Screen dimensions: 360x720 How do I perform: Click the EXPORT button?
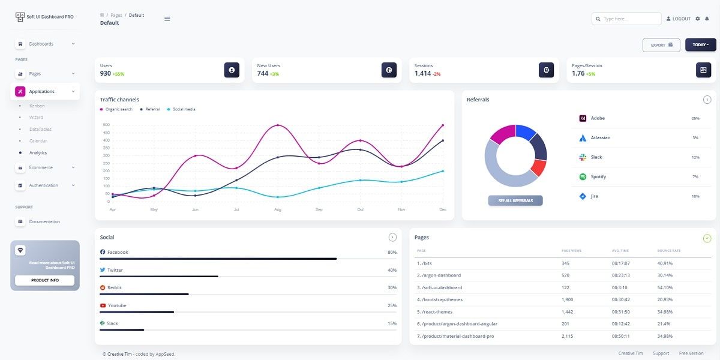(x=661, y=45)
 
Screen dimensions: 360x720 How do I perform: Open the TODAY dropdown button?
(x=700, y=45)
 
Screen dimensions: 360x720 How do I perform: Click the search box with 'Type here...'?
(x=626, y=19)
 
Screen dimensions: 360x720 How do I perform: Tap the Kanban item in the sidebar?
(x=37, y=106)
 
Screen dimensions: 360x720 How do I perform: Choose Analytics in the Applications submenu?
(x=38, y=152)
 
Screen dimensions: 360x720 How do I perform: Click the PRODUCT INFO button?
(x=44, y=280)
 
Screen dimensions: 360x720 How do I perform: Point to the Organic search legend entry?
(x=118, y=109)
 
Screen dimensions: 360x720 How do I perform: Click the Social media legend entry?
(x=184, y=109)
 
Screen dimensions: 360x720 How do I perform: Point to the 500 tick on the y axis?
(x=106, y=125)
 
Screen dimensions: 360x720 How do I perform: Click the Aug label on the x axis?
(x=277, y=209)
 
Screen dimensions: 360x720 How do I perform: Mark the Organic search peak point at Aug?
(x=277, y=125)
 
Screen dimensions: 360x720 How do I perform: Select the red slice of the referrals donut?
(x=538, y=168)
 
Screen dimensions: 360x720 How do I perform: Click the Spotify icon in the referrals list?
(x=582, y=176)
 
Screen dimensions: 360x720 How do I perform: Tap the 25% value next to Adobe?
(x=695, y=118)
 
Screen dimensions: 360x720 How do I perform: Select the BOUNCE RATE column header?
(x=668, y=250)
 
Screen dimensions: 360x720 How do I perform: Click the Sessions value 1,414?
(x=422, y=73)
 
